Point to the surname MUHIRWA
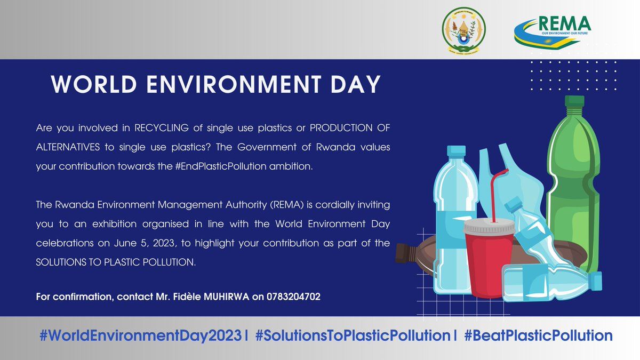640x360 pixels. (226, 297)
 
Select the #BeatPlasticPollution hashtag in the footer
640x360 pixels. (538, 335)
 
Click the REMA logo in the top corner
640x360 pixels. (553, 30)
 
